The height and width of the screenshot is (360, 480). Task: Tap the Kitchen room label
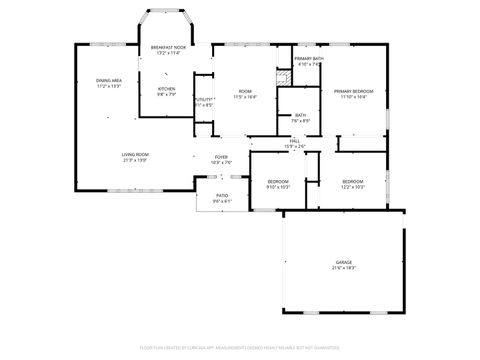166,89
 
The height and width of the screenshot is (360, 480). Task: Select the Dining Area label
109,80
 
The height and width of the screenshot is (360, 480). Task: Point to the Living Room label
136,153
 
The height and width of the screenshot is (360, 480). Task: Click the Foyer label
221,157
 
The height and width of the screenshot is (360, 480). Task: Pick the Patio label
221,196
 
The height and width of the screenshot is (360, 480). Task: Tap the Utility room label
204,99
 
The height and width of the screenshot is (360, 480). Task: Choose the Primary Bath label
308,59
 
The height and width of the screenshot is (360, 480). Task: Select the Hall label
295,141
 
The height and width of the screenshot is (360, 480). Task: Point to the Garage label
343,262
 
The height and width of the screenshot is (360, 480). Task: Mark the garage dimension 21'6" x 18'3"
343,268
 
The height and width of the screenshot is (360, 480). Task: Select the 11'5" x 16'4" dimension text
245,97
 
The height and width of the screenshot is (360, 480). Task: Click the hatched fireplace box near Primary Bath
283,77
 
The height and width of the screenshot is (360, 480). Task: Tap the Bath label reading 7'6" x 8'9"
300,118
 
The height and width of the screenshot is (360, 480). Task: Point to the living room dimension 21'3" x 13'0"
136,160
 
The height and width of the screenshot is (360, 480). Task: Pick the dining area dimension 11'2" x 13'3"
109,86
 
